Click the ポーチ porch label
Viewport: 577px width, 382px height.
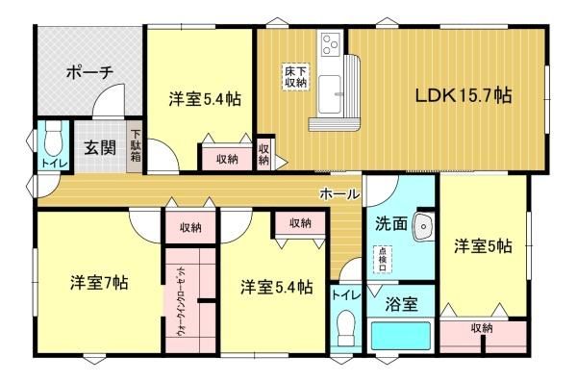tap(89, 72)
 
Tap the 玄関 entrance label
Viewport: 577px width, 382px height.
tap(100, 147)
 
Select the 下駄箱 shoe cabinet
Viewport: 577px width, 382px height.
tap(135, 146)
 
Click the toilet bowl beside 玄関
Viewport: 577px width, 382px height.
tap(53, 140)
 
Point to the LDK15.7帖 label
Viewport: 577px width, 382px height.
tap(464, 95)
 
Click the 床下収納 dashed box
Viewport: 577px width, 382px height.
tap(295, 77)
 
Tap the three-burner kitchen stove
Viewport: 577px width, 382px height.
tap(331, 43)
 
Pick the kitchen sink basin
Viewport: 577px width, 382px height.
tap(329, 94)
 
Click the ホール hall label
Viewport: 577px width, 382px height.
tap(339, 193)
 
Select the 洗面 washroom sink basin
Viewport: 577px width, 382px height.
tap(423, 227)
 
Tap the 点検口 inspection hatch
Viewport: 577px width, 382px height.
tap(383, 260)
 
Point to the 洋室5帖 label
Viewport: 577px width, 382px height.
tap(483, 246)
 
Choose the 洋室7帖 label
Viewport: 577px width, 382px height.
tap(99, 283)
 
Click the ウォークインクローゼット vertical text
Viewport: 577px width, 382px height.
tap(182, 301)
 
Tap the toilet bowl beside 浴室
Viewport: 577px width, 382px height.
tap(345, 327)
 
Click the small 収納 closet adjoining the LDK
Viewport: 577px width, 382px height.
tap(263, 154)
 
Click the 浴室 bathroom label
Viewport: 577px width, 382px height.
tap(401, 305)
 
